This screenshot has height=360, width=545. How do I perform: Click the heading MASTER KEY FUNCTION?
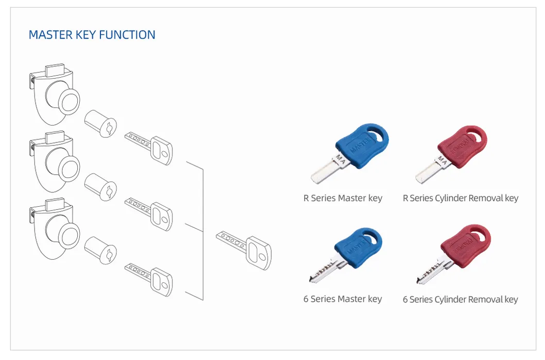(92, 35)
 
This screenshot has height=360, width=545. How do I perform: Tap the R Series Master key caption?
(343, 198)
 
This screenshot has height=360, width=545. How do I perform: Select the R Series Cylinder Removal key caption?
(460, 198)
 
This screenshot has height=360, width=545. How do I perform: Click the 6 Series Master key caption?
(342, 299)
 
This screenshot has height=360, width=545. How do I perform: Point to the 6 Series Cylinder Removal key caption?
(460, 299)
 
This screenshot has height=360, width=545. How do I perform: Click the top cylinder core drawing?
(100, 124)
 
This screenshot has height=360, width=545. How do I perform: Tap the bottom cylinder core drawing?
(100, 250)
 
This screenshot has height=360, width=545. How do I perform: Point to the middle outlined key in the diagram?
(149, 211)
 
